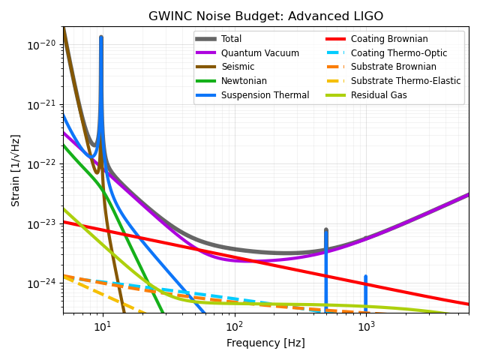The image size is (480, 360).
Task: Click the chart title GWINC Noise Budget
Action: point(265,16)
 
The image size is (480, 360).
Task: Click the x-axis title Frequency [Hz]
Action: point(265,343)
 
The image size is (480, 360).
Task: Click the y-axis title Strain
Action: point(16,170)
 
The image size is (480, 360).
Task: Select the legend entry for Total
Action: point(231,39)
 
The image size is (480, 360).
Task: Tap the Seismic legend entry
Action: point(236,67)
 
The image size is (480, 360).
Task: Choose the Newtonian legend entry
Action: point(242,81)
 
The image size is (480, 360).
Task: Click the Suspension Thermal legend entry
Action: point(265,95)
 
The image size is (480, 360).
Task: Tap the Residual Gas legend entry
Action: point(379,95)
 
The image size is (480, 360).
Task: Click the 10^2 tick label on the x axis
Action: point(235,326)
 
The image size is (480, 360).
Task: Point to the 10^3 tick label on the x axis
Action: point(366,326)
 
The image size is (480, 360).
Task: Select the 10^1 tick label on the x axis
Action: point(103,326)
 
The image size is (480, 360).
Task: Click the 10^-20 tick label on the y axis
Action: point(43,45)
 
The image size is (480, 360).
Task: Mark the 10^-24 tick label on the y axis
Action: point(43,283)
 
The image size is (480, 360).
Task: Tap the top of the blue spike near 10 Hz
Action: point(101,37)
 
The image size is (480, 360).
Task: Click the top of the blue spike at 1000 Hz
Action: point(366,277)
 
